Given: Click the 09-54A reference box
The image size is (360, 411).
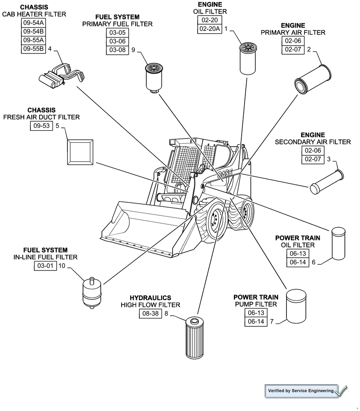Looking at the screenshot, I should point(34,22).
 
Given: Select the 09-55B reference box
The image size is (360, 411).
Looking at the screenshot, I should point(34,49).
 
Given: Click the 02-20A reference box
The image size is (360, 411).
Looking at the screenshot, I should point(210,29).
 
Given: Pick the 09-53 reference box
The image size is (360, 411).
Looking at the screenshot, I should point(42,126).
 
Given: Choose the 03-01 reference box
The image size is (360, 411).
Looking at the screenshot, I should point(45,266).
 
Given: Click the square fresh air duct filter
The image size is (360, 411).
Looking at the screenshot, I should point(80,151).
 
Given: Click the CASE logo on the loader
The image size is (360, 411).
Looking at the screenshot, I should point(225,174).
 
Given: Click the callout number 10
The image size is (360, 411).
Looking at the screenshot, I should point(62,266).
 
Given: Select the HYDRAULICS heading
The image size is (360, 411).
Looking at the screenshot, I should point(150,298).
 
